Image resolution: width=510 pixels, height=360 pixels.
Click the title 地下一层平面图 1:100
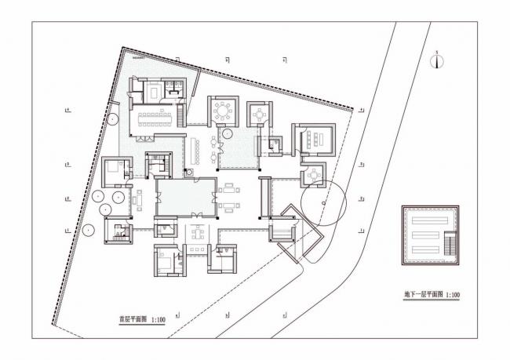pyautogui.click(x=426, y=295)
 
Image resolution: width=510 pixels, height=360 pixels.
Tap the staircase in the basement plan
pyautogui.click(x=449, y=245)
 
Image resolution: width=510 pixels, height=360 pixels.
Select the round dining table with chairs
pyautogui.click(x=223, y=111)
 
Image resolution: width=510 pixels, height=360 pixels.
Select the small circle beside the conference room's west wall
pyautogui.click(x=113, y=121)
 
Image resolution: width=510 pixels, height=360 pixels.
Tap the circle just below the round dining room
pyautogui.click(x=226, y=134)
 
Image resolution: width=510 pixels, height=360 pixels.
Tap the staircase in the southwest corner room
pyautogui.click(x=119, y=234)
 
